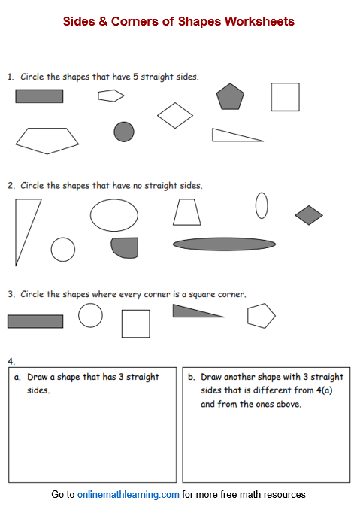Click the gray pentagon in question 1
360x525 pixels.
230,97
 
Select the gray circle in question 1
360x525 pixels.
124,132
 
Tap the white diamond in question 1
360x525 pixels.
175,115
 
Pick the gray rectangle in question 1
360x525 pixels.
39,96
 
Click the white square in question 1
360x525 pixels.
285,97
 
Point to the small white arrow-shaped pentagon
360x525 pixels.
110,96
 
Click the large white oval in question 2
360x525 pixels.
114,215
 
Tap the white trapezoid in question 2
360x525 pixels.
187,212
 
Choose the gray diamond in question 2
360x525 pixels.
309,215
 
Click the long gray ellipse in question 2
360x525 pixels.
224,244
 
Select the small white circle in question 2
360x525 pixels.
63,250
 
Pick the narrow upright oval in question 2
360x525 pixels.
262,205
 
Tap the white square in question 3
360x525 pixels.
135,323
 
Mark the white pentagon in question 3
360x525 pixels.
262,316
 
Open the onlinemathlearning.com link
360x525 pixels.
128,494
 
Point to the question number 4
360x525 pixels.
11,362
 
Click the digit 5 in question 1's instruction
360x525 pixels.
135,77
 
